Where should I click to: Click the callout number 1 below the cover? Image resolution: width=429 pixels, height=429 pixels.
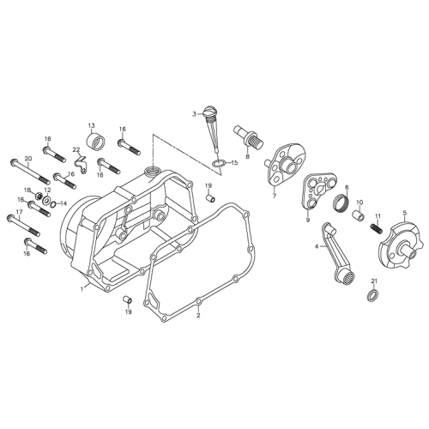[x=82, y=289]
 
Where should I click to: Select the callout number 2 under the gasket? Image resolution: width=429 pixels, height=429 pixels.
[x=198, y=315]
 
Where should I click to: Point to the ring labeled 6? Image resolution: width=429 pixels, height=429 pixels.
[x=340, y=203]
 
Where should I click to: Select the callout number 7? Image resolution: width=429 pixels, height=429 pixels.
[x=274, y=196]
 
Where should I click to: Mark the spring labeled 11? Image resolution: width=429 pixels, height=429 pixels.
[x=375, y=229]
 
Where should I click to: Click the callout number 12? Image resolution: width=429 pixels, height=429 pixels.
[x=48, y=190]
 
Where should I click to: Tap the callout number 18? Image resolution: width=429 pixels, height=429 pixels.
[x=27, y=190]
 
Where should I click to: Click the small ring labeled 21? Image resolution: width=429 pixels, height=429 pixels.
[x=372, y=296]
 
